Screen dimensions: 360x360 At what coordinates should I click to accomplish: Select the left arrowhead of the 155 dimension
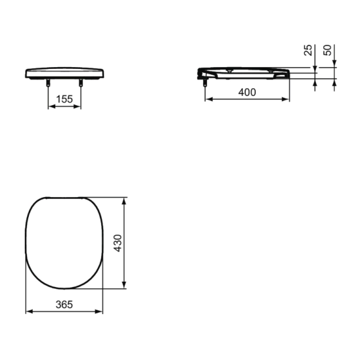coord(50,107)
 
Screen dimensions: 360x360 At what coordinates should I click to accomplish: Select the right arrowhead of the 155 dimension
coord(78,107)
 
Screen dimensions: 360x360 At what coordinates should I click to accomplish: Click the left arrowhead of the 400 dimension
coord(208,99)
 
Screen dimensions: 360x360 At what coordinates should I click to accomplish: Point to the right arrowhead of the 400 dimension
coord(288,99)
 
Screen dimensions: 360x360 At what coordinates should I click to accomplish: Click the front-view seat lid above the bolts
coord(64,73)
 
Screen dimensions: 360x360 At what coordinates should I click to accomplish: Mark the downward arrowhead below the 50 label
coord(335,64)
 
